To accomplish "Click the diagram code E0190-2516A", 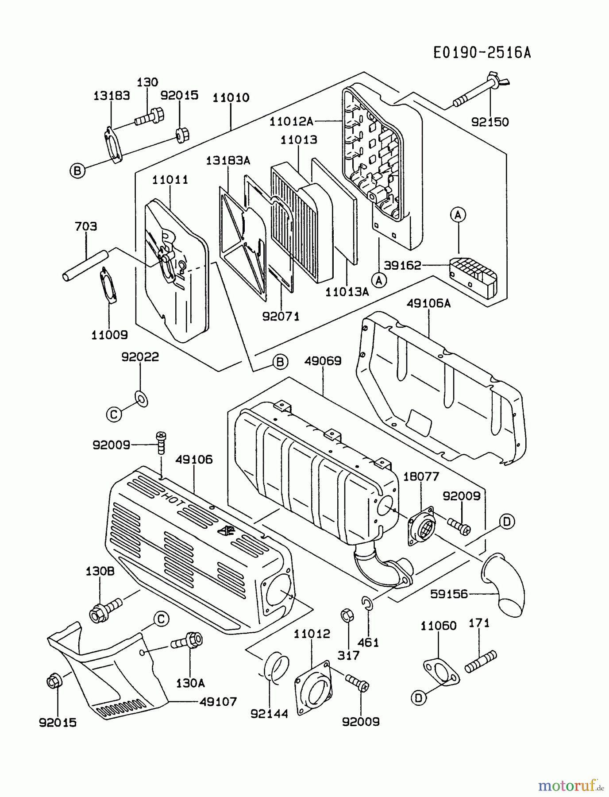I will [x=482, y=53].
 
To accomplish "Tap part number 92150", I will [x=490, y=122].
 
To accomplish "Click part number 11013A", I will [x=347, y=292].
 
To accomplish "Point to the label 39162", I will [x=402, y=265].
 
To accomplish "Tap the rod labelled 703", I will [x=85, y=265].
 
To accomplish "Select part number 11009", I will [x=109, y=335].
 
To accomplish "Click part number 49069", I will [x=323, y=361].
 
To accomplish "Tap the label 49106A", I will [x=428, y=303].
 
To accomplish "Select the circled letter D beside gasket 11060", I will [x=418, y=698].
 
